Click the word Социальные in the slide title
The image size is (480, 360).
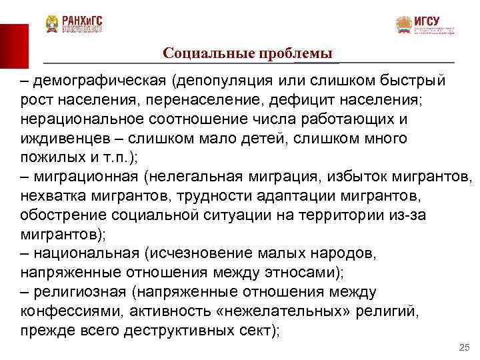point(202,53)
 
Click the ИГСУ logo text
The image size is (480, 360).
point(427,20)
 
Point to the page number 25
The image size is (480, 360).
point(465,348)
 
